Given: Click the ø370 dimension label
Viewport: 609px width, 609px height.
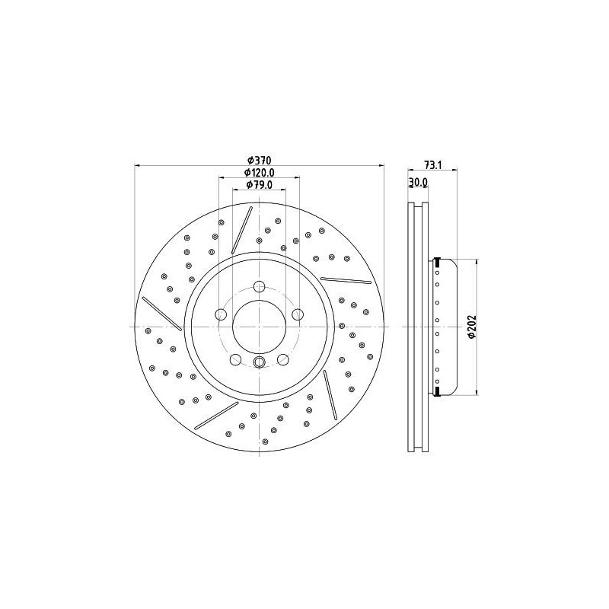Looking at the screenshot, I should point(260,160).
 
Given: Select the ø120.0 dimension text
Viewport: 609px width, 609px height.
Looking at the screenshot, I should point(259,173).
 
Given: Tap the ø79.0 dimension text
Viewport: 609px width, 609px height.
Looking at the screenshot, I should point(259,185).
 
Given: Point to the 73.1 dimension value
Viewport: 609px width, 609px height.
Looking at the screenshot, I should point(433,164).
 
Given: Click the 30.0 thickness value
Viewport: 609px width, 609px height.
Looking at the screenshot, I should point(419,183).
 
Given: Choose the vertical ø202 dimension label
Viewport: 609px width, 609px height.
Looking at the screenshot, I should point(472,327).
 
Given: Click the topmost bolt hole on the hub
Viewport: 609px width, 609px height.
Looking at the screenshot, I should point(259,287).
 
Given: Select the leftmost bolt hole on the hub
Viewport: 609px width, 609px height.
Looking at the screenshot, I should point(221,314).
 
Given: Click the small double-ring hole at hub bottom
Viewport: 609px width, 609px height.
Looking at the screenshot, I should point(259,362).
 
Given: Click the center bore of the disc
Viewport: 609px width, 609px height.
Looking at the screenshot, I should point(259,327).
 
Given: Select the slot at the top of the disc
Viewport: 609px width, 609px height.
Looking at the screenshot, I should point(241,231).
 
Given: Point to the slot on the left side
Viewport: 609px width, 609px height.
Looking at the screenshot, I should point(161,314).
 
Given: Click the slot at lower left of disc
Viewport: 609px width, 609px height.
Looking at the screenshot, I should point(216,415).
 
